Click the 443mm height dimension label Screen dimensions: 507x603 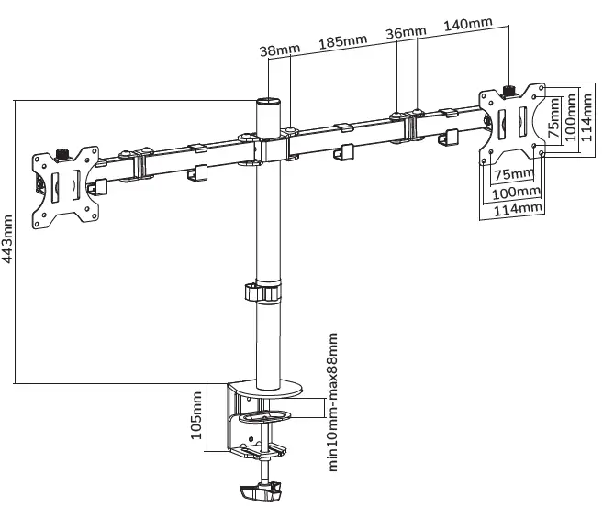coord(9,241)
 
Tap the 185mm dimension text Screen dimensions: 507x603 coord(342,42)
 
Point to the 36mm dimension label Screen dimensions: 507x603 coord(406,33)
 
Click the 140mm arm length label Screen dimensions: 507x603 coord(468,23)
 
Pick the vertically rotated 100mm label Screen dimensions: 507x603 coord(570,115)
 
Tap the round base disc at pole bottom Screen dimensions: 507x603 coord(266,390)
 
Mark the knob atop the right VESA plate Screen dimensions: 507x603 coord(511,90)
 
